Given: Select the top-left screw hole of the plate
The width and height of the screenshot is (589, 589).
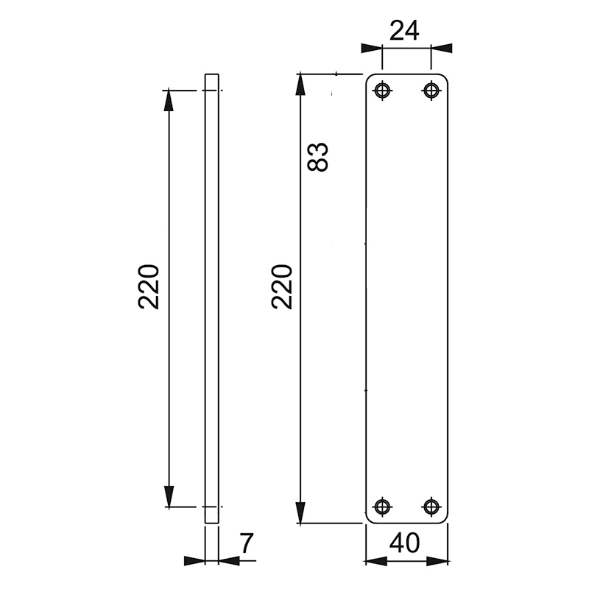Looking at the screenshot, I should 382,91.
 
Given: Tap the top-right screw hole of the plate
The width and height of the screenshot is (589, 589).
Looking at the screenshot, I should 431,91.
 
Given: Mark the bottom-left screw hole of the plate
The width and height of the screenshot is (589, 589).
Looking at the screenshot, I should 382,507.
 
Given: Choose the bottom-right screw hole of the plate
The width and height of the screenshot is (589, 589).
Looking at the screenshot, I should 431,507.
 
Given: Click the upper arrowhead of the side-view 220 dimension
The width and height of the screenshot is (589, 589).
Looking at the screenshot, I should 169,99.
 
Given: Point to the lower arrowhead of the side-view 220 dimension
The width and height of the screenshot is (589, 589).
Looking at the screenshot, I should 169,497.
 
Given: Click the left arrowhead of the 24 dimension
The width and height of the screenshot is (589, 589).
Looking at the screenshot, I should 371,48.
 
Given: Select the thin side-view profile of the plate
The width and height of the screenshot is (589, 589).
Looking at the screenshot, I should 212,294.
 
